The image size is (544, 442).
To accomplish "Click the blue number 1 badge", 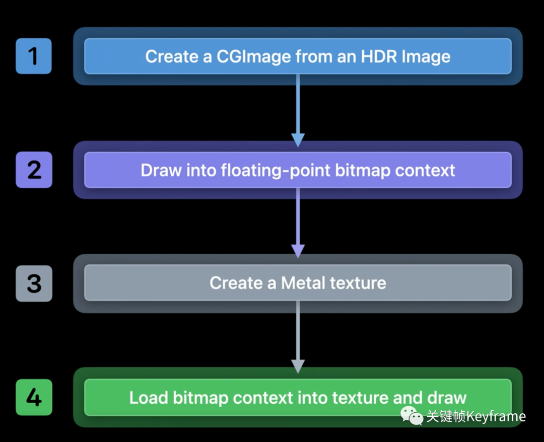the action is (x=34, y=56).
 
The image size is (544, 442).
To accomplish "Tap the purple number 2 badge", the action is (x=34, y=170).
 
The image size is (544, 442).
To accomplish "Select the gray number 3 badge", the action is (x=34, y=283).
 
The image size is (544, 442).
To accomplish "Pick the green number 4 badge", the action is (x=34, y=397).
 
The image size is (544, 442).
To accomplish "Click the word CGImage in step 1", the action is (x=253, y=57).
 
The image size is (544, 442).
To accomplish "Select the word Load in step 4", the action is (x=149, y=397).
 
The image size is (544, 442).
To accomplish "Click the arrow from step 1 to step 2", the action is (x=298, y=110).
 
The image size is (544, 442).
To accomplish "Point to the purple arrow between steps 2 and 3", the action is (x=298, y=223).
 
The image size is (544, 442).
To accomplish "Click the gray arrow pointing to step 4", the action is (x=298, y=337).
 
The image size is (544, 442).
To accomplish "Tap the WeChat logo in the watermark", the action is (x=412, y=415).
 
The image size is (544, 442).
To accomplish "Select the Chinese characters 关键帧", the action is (x=446, y=416).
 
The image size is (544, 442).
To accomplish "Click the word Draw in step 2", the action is (x=161, y=170).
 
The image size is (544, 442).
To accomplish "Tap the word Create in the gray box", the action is (x=236, y=282).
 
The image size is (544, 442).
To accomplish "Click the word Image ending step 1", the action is (x=426, y=57).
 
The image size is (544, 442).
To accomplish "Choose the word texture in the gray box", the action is (x=358, y=283).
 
